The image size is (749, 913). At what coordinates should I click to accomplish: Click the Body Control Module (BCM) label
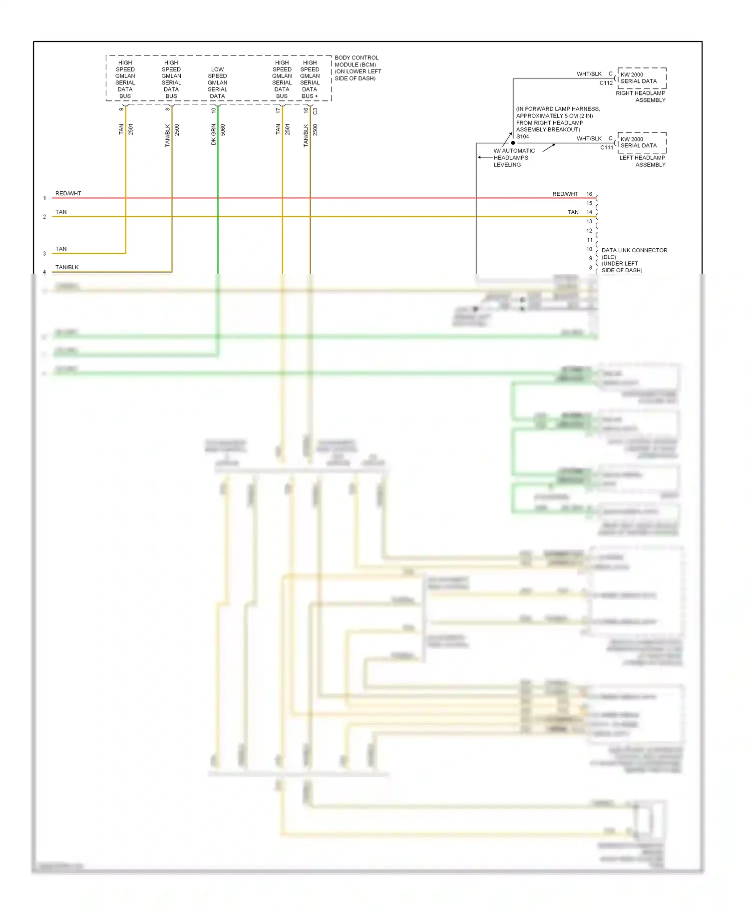tap(357, 68)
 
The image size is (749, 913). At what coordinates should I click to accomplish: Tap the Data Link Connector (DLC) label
tap(634, 260)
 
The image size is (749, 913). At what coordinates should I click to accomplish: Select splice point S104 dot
tap(513, 143)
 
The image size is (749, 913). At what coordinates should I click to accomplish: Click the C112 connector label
tap(606, 83)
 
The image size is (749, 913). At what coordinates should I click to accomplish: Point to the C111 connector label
tap(606, 147)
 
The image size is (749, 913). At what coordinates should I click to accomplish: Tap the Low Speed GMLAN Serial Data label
tap(217, 82)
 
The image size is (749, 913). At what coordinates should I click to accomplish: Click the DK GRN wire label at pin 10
tap(214, 134)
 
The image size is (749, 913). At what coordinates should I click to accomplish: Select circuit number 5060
tap(223, 130)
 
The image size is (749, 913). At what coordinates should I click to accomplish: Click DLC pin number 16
tap(589, 194)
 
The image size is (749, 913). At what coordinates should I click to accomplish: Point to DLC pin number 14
tap(589, 212)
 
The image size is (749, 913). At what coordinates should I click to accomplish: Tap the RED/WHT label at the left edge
tap(68, 193)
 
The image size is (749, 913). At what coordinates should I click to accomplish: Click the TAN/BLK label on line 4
tap(67, 267)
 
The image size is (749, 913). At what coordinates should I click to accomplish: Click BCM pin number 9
tap(121, 109)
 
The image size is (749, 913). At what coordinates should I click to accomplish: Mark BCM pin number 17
tap(278, 110)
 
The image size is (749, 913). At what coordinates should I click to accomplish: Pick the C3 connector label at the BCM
tap(315, 111)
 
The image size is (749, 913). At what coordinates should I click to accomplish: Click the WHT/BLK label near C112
tap(589, 74)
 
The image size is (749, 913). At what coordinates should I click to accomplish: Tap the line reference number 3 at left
tap(44, 254)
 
